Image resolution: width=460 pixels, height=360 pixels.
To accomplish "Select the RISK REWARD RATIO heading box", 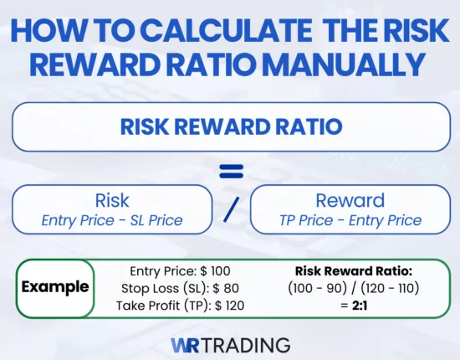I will tap(230, 127).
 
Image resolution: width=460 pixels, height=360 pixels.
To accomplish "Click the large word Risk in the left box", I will tap(112, 201).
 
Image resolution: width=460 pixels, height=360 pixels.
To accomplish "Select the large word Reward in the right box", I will tap(349, 201).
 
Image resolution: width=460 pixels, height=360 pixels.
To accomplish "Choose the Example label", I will tap(55, 287).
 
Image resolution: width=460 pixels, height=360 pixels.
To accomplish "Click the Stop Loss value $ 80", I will tap(215, 287).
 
